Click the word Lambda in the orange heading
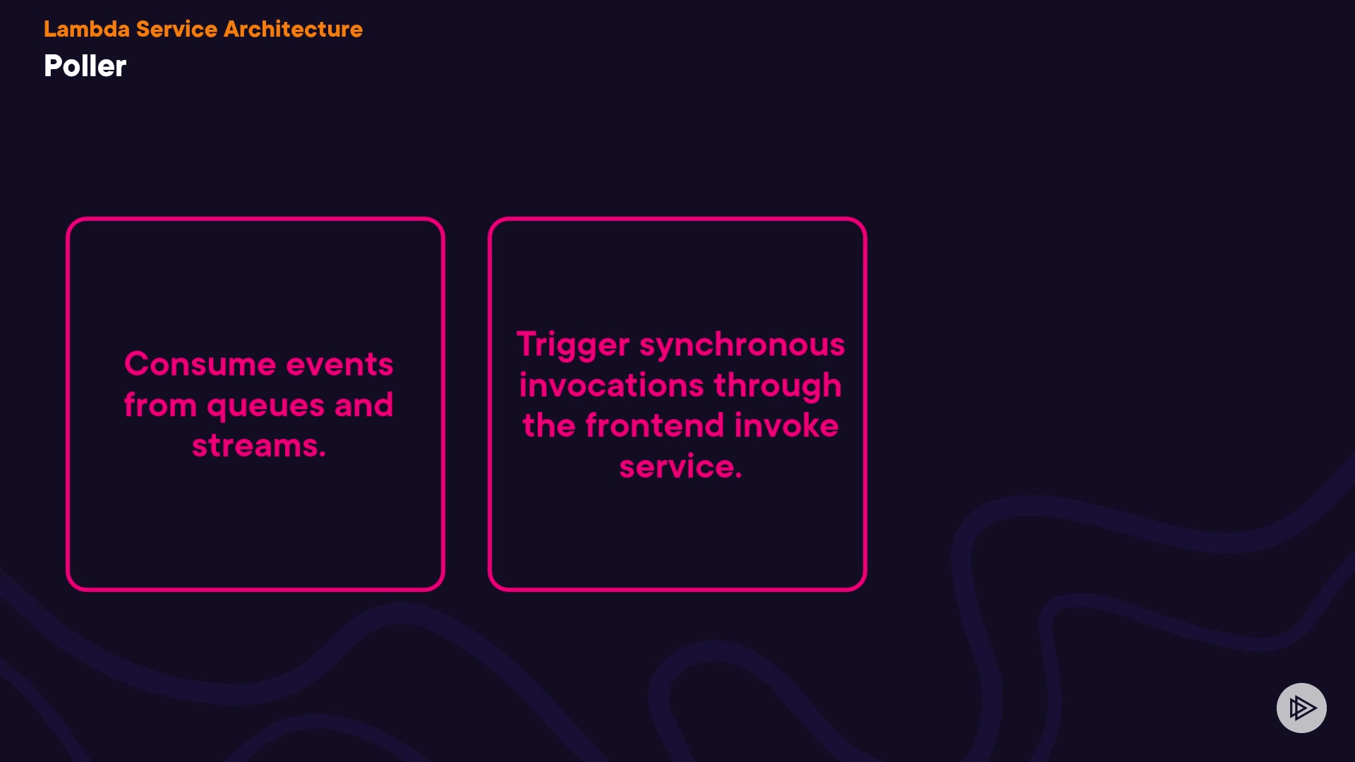(87, 29)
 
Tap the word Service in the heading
(176, 29)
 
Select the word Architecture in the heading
(293, 29)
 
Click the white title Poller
(85, 66)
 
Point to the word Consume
(200, 364)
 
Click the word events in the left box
(339, 365)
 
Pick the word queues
(265, 406)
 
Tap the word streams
(255, 446)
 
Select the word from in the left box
(160, 405)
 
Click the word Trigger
(572, 345)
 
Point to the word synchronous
(742, 345)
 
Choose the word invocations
(611, 385)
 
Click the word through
(777, 386)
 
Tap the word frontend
(654, 425)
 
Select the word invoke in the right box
(785, 425)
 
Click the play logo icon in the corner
(1301, 708)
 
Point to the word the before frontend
(549, 425)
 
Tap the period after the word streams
(323, 456)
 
